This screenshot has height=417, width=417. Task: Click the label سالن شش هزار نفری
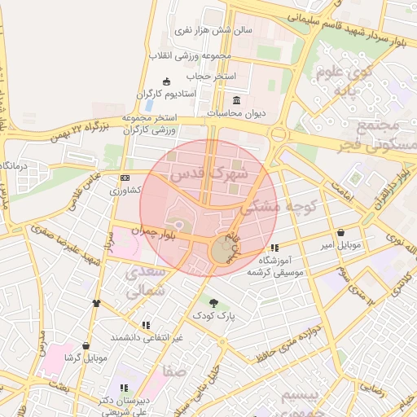click(213, 29)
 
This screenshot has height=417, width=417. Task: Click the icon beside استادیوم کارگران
click(167, 81)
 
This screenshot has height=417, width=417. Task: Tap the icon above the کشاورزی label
click(125, 177)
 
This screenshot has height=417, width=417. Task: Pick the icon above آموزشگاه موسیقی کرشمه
click(274, 248)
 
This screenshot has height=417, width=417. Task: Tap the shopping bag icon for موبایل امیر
click(351, 232)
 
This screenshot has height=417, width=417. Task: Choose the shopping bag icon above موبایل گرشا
click(86, 345)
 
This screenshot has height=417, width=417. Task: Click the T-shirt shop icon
click(97, 303)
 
